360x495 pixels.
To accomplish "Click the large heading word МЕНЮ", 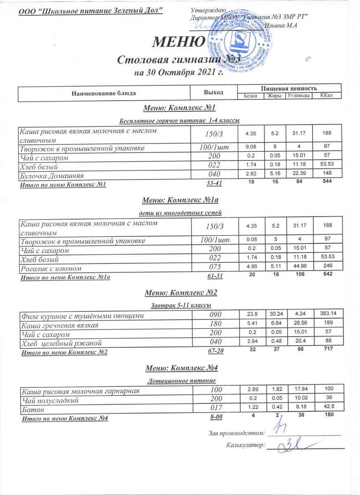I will [179, 42].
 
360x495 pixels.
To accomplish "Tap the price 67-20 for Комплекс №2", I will [216, 351].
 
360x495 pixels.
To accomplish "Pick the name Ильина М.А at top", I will [281, 26].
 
